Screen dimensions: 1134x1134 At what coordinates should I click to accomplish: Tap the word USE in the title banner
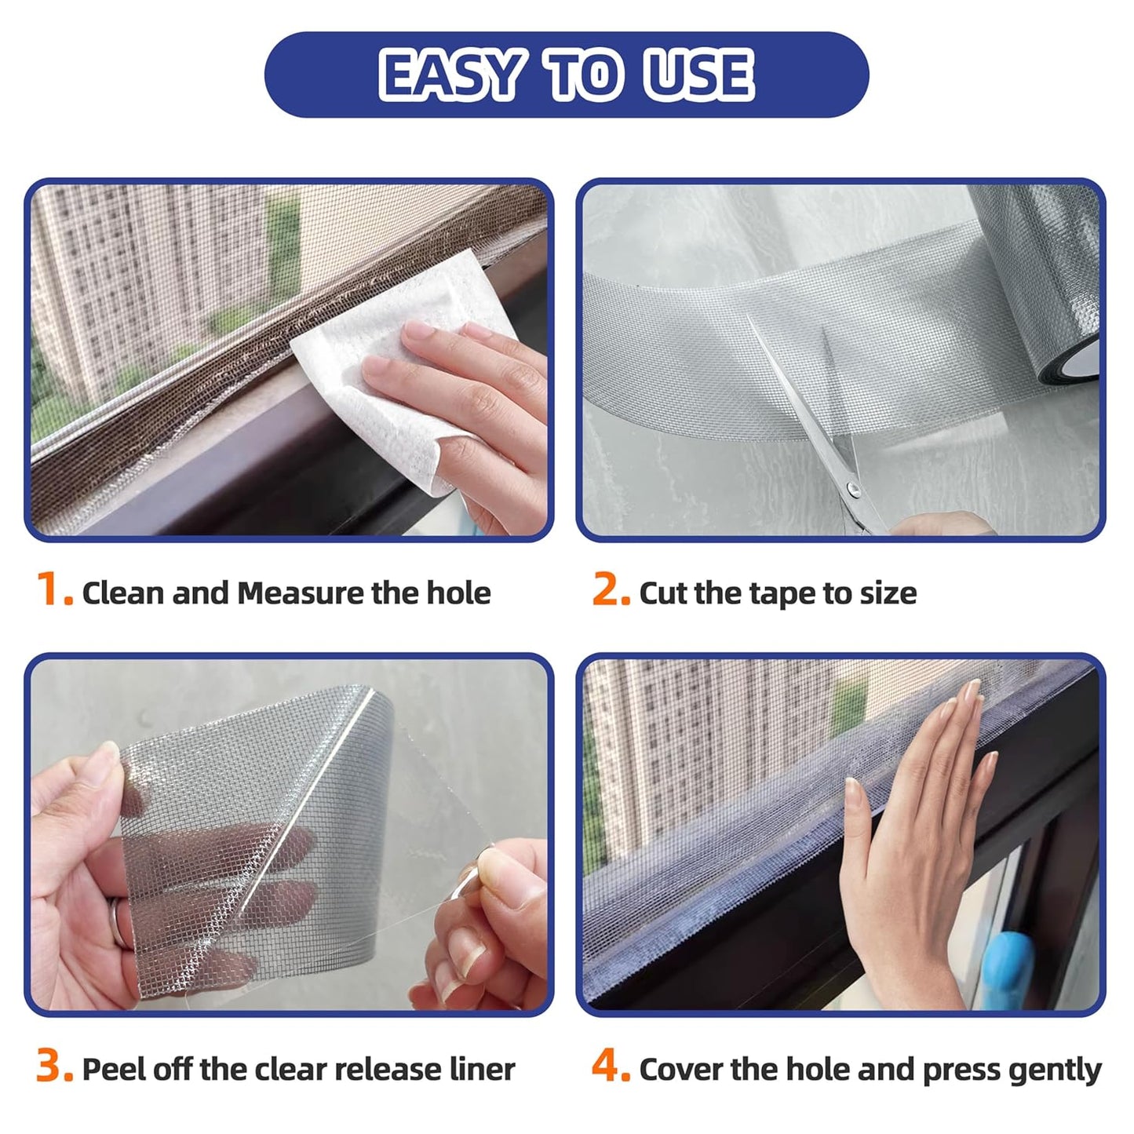697,75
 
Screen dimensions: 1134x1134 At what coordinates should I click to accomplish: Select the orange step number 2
610,591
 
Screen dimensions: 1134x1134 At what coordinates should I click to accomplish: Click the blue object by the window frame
1012,965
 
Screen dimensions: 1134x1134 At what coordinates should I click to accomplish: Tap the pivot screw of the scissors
854,491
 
